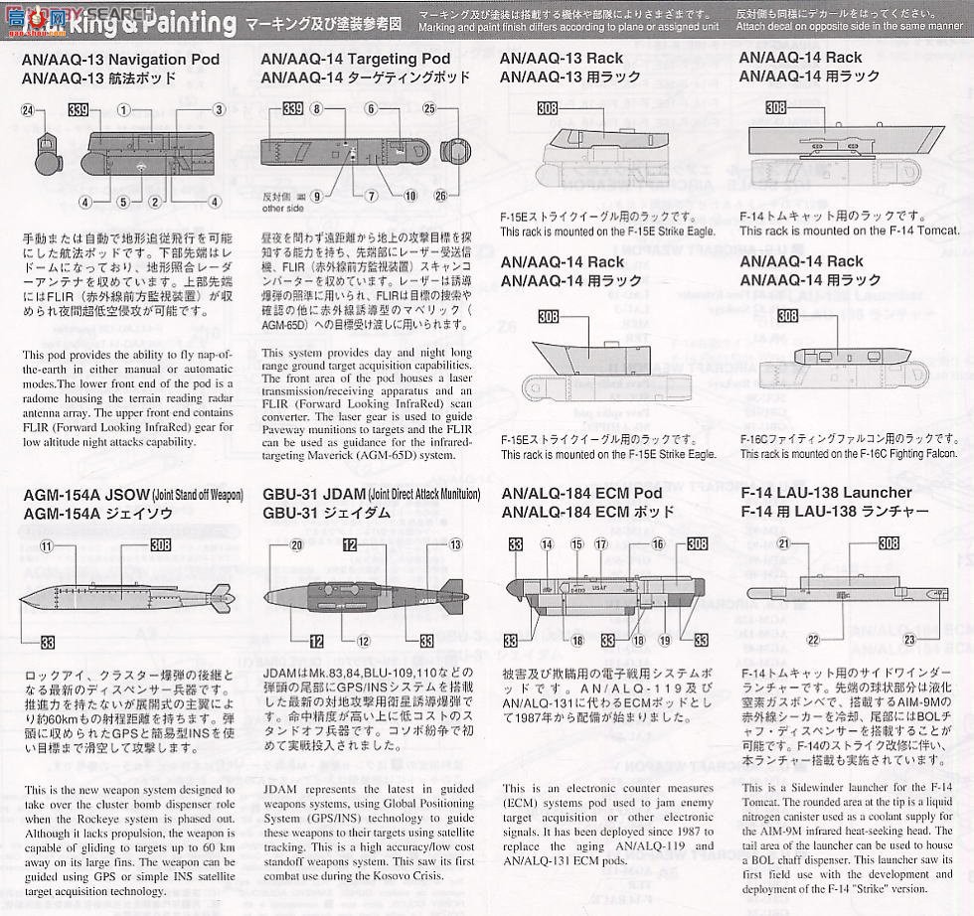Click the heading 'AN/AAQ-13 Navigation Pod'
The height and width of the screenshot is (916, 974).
point(103,59)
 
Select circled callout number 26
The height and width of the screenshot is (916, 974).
point(441,195)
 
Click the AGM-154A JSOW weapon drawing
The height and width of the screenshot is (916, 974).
point(124,595)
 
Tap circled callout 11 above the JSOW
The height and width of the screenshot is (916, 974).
point(45,545)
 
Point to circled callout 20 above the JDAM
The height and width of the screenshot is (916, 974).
point(296,545)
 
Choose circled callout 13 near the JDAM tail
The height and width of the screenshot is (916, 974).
point(455,544)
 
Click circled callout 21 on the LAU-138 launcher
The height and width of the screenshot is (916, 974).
point(783,543)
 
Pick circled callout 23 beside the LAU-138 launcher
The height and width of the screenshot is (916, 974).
point(908,640)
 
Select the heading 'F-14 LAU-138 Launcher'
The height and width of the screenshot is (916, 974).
point(826,493)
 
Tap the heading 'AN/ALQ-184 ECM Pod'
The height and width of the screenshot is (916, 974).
point(581,493)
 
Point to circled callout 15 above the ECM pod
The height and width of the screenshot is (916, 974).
point(576,544)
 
